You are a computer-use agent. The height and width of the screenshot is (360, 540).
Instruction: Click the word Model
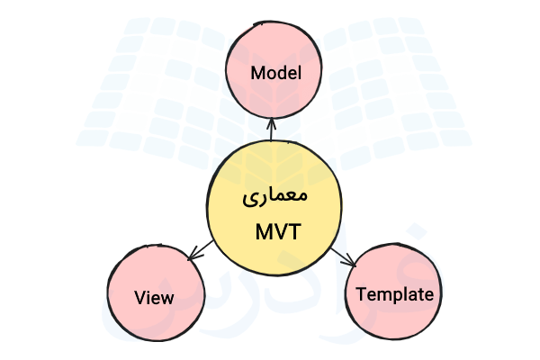(274, 72)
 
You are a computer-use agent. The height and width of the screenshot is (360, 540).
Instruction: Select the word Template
(395, 294)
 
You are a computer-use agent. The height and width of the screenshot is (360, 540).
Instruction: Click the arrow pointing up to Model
(270, 131)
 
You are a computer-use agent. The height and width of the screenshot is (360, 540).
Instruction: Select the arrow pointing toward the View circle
(199, 249)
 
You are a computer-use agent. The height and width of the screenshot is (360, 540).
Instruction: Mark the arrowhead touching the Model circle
(270, 121)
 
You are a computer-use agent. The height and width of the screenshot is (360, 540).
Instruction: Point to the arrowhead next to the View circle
(190, 256)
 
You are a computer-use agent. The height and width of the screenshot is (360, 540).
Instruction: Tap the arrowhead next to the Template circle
(351, 262)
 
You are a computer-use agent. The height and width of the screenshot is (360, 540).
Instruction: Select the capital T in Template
(361, 294)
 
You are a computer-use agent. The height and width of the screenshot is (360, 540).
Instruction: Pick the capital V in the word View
(139, 297)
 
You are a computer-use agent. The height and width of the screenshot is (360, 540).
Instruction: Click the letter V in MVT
(278, 231)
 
